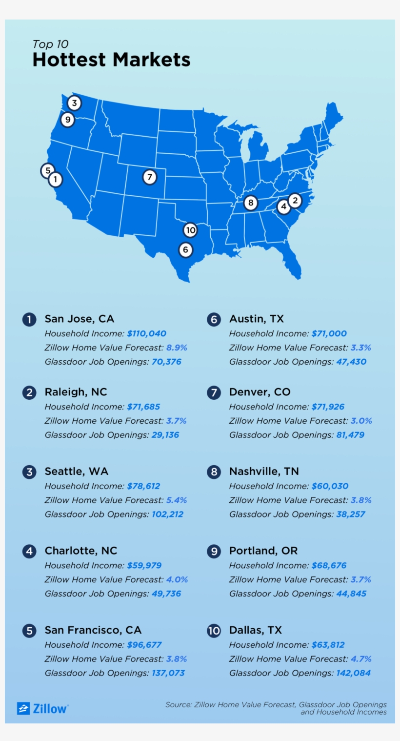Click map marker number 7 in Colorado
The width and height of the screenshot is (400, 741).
150,177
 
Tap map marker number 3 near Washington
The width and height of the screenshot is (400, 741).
74,103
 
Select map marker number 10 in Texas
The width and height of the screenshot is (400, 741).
190,230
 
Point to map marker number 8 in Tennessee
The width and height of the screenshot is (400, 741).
250,203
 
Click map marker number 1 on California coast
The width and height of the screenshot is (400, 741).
56,180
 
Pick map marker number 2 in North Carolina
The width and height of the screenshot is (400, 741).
295,200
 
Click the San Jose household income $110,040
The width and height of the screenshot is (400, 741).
146,334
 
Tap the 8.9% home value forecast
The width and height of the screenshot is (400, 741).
177,348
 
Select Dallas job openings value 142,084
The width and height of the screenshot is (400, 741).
353,673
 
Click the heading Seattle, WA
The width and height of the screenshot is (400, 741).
77,472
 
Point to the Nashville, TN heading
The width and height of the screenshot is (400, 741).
264,472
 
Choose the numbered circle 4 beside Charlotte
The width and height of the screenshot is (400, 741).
29,552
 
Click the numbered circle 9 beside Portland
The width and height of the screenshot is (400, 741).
214,552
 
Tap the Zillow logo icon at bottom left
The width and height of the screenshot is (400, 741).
23,708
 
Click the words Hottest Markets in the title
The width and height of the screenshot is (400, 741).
111,60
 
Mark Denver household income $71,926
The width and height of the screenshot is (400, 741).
328,407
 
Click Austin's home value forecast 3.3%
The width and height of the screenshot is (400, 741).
361,348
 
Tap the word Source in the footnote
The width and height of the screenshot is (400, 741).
178,705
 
